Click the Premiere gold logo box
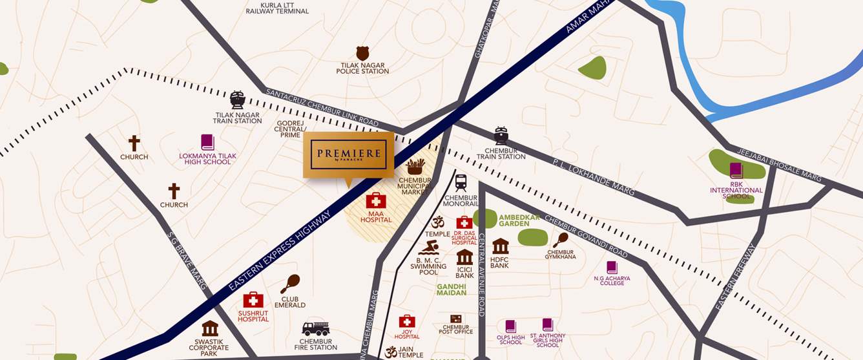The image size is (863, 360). (349, 154)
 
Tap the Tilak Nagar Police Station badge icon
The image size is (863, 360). (362, 53)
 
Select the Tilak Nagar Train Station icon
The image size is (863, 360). (238, 100)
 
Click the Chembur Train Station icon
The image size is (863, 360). (501, 136)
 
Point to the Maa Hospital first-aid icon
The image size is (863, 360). (376, 200)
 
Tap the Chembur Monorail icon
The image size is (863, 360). (461, 182)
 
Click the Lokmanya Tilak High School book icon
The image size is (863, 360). (207, 142)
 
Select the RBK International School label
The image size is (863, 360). (736, 191)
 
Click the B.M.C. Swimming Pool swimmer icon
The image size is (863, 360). (428, 248)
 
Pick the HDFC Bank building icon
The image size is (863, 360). (500, 246)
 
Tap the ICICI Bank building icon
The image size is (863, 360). (464, 257)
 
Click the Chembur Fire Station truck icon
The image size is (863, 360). (315, 329)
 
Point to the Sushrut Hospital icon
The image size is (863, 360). (253, 300)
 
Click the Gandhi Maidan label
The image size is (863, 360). (452, 290)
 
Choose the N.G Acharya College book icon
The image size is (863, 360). (612, 268)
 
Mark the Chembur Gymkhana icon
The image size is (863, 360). (560, 240)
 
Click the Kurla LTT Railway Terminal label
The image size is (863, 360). (277, 7)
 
